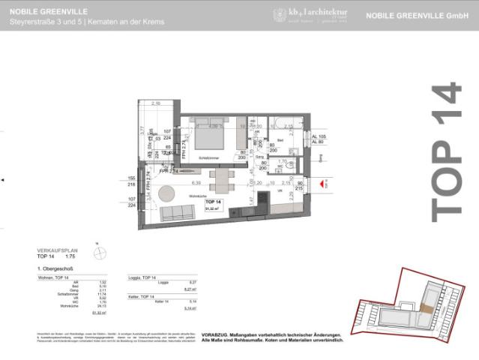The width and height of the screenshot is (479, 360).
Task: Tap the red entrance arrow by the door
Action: pos(323,182)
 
